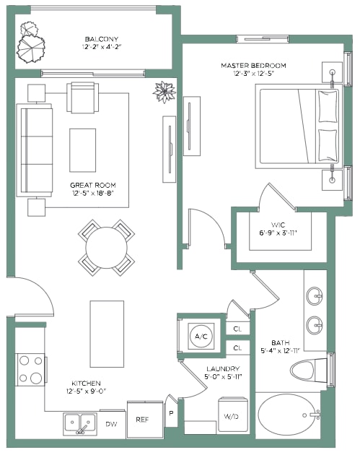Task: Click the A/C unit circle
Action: pos(201,337)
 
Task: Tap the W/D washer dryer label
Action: pos(232,417)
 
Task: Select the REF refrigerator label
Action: pos(142,420)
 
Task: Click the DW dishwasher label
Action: pos(111,424)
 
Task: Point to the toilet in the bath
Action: pos(309,370)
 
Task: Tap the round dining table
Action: pos(106,248)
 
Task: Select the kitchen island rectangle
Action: pos(107,334)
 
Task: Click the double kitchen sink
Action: pos(80,424)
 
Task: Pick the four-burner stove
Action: pos(30,369)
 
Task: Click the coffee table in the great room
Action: pos(83,150)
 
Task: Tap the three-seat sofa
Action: pos(35,150)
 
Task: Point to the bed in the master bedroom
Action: pos(299,126)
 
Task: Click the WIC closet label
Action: pos(278,225)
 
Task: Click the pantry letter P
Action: pos(171,413)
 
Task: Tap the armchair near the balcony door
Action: pos(83,97)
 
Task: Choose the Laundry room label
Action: pos(223,369)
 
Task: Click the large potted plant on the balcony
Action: pos(31,49)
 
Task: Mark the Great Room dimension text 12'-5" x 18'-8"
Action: pos(93,194)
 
